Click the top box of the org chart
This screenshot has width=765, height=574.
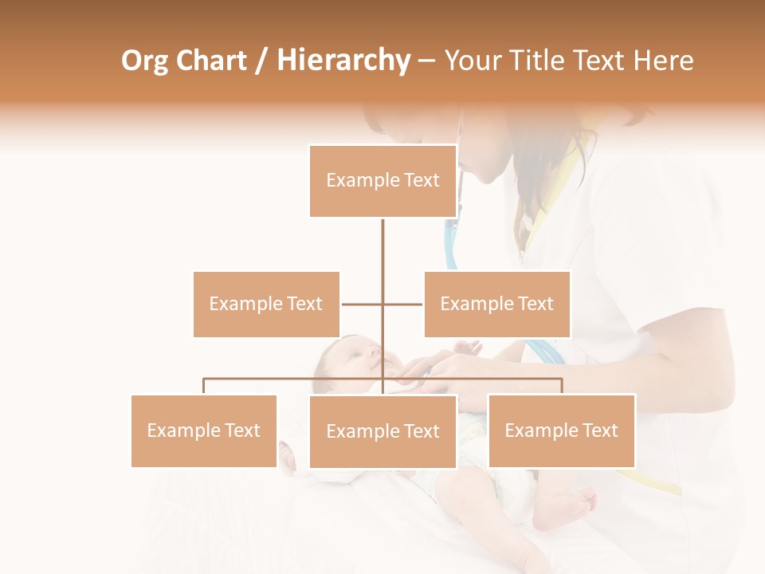[x=382, y=181]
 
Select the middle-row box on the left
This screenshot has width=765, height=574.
[x=266, y=304]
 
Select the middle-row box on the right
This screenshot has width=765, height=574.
[x=496, y=304]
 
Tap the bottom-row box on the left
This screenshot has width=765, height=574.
[x=204, y=431]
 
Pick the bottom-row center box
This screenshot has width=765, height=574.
[x=382, y=431]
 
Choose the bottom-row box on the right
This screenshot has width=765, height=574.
[x=561, y=431]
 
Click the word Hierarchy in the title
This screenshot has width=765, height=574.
[x=343, y=61]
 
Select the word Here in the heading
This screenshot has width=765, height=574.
[x=663, y=61]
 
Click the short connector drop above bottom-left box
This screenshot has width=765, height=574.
[x=204, y=387]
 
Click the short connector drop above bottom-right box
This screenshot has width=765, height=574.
[x=561, y=387]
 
